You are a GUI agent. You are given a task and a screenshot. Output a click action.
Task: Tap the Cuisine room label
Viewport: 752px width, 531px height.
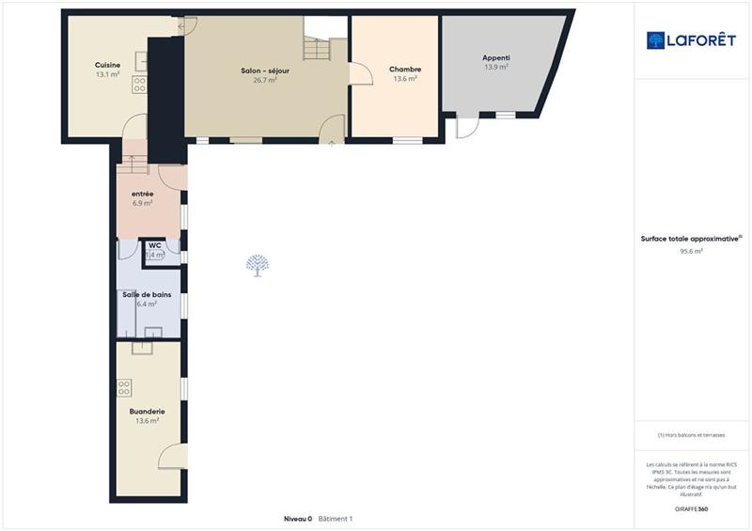pyautogui.click(x=107, y=65)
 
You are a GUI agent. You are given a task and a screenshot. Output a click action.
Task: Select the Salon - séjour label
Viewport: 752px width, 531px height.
pyautogui.click(x=265, y=70)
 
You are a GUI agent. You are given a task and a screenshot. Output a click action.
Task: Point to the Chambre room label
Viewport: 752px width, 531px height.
pyautogui.click(x=405, y=70)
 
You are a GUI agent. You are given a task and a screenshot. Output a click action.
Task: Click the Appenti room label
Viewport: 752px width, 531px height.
pyautogui.click(x=495, y=57)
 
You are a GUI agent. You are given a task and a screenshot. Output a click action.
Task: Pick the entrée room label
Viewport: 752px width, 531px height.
pyautogui.click(x=143, y=194)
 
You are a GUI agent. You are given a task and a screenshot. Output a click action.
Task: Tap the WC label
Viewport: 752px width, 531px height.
pyautogui.click(x=155, y=247)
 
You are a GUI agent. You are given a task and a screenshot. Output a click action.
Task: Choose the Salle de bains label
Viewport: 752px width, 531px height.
pyautogui.click(x=146, y=294)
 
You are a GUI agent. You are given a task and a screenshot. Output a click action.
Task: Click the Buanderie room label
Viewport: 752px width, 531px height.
pyautogui.click(x=148, y=411)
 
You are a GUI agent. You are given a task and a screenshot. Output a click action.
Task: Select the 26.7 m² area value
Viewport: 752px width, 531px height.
pyautogui.click(x=265, y=81)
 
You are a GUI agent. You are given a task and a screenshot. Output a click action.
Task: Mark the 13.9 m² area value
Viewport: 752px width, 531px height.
pyautogui.click(x=495, y=68)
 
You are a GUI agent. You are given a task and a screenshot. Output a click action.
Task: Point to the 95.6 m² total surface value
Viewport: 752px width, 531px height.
pyautogui.click(x=692, y=251)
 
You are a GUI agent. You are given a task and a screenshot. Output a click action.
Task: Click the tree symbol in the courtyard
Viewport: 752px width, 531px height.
pyautogui.click(x=257, y=266)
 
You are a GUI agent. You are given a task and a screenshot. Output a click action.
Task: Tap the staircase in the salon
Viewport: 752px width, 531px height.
pyautogui.click(x=317, y=45)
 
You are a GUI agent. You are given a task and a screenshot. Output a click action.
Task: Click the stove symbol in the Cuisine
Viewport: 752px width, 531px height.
pyautogui.click(x=140, y=86)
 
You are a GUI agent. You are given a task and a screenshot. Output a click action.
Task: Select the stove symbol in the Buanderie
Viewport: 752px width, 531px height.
pyautogui.click(x=123, y=386)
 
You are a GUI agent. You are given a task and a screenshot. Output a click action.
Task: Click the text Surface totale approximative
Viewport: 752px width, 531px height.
pyautogui.click(x=689, y=239)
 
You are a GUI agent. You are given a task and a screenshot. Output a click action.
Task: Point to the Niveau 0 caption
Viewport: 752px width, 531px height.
pyautogui.click(x=297, y=519)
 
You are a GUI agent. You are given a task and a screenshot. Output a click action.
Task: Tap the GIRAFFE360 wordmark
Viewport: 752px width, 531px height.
pyautogui.click(x=692, y=508)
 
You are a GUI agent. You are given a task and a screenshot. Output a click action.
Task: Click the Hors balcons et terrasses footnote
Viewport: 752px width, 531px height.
pyautogui.click(x=692, y=435)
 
